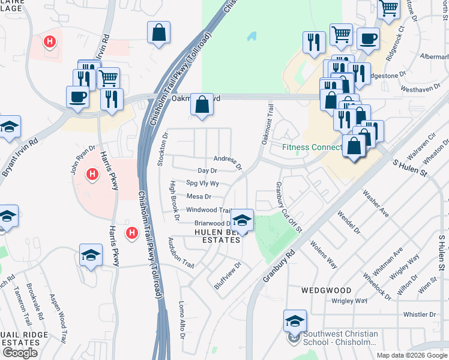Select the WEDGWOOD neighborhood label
[326, 290]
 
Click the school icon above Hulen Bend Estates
[242, 220]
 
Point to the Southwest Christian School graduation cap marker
[295, 321]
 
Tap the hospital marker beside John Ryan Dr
[92, 175]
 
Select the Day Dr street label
[206, 171]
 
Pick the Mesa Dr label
[199, 196]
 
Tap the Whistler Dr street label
[419, 314]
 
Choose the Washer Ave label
[376, 204]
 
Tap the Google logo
[20, 352]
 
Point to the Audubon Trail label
[181, 253]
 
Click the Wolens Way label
[324, 254]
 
